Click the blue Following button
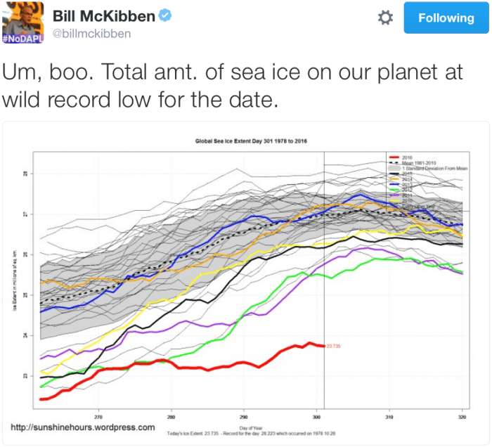coord(446,18)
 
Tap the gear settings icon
coord(385,18)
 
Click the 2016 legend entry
coord(408,157)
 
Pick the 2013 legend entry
coord(408,184)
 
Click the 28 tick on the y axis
coord(25,173)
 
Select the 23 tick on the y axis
coord(25,376)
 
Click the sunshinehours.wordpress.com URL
coord(82,427)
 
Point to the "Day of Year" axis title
coord(250,427)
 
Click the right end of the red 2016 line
coord(323,345)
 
